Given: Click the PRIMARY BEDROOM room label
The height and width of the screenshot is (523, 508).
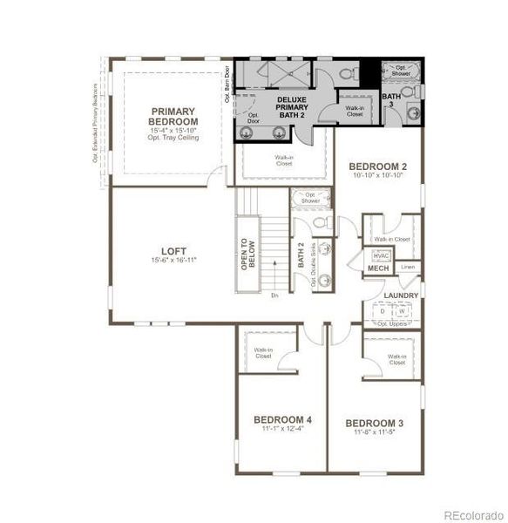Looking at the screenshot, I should coord(173,116).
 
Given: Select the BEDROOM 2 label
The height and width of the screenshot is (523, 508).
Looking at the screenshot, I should coord(377,166).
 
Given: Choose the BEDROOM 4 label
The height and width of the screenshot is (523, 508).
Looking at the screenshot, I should coord(282,418).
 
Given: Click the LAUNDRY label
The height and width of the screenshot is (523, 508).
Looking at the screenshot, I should coord(400,295).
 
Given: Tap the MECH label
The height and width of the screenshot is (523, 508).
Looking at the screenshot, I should coord(378,268).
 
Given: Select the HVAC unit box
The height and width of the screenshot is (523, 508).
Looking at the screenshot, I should coord(381,255).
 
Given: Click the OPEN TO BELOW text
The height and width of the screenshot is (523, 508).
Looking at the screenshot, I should coord(246,254).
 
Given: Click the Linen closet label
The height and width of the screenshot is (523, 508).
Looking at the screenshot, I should coord(407,267).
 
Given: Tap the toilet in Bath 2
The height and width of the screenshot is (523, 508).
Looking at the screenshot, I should coord(319,224).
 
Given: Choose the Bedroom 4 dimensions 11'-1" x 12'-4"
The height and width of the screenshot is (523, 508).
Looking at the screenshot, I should coord(282,428).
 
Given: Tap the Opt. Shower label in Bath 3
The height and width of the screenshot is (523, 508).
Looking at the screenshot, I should coord(403,71).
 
